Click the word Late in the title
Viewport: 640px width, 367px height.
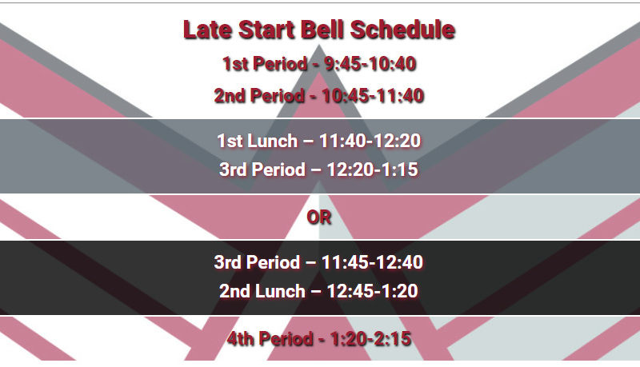(x=208, y=30)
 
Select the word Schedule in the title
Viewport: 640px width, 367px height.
(x=402, y=30)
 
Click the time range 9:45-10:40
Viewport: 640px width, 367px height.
(x=370, y=64)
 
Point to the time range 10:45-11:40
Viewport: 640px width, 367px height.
(x=373, y=96)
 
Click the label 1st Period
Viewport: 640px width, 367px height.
(x=265, y=64)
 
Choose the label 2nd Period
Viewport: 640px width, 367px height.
(x=259, y=96)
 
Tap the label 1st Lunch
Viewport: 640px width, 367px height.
(x=257, y=141)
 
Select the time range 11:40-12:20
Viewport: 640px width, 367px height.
(x=370, y=141)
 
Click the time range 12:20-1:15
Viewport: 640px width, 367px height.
(x=372, y=170)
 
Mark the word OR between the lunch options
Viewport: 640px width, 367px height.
(x=318, y=217)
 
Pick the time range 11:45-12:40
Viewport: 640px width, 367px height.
(x=372, y=262)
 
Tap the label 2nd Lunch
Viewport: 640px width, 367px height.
(x=262, y=291)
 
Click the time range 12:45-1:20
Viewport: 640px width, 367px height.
(x=372, y=291)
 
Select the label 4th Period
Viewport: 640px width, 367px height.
(x=270, y=339)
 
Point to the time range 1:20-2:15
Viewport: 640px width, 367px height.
(x=370, y=339)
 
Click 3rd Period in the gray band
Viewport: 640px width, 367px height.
(x=262, y=170)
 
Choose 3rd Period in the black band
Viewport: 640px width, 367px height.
(x=257, y=262)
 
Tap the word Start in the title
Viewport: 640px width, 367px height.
(x=266, y=30)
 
